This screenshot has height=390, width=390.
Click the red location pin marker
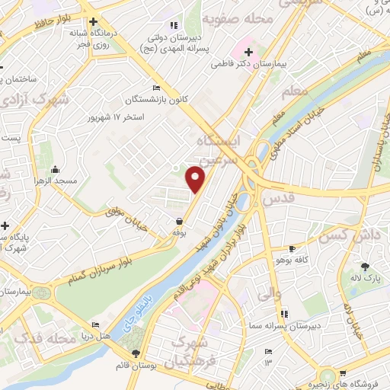tap(197, 178)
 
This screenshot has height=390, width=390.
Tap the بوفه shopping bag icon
tap(178, 221)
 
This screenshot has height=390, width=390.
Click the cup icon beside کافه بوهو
tap(291, 248)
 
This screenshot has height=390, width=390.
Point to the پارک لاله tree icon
tap(365, 266)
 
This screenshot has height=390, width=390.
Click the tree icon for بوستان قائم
tap(136, 353)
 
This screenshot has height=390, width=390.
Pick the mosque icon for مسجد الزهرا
tap(54, 169)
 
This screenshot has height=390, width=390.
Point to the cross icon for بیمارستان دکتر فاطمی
tap(249, 52)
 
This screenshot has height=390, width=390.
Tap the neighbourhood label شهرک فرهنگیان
tap(197, 349)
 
